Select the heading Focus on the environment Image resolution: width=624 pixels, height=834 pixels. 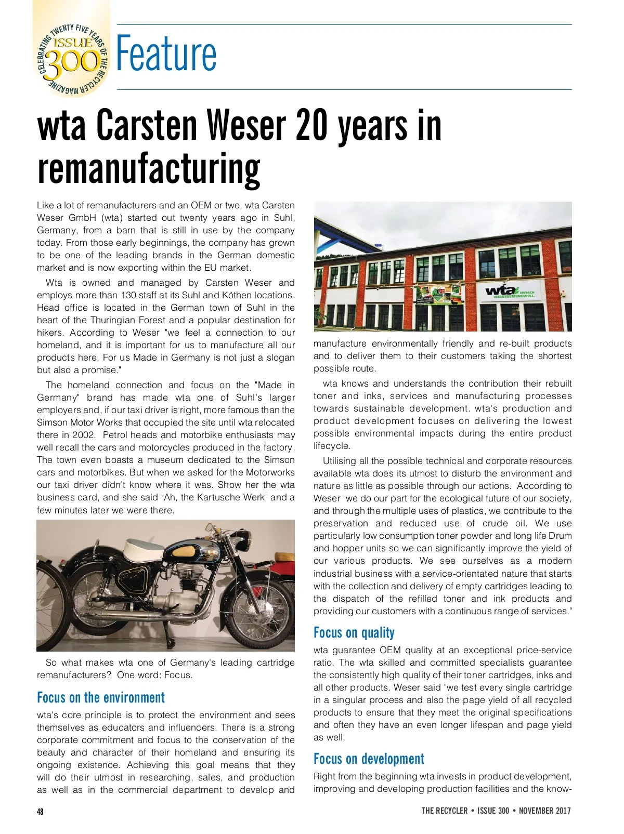click(101, 697)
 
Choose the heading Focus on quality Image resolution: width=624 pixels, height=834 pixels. click(354, 632)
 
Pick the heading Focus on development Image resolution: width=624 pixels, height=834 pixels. click(369, 759)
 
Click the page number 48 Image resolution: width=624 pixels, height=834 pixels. click(40, 811)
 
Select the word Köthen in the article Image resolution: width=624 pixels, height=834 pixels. click(237, 295)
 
